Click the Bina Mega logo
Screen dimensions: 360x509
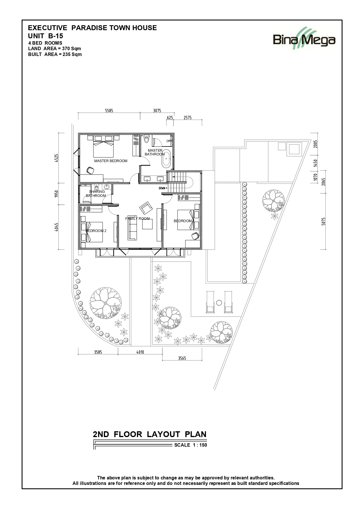pyautogui.click(x=304, y=38)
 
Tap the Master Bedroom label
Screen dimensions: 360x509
pyautogui.click(x=111, y=161)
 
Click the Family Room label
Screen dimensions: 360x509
pyautogui.click(x=138, y=219)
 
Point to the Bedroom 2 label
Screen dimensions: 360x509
pyautogui.click(x=96, y=231)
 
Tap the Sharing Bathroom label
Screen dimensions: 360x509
pyautogui.click(x=97, y=194)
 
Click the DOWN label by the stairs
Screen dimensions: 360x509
pyautogui.click(x=162, y=188)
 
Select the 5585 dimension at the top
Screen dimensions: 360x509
pyautogui.click(x=109, y=111)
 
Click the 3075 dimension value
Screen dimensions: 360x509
pyautogui.click(x=157, y=111)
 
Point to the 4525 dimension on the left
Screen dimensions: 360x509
pyautogui.click(x=57, y=158)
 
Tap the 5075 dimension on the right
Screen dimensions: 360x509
pyautogui.click(x=323, y=222)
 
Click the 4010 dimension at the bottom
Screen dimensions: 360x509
pyautogui.click(x=140, y=352)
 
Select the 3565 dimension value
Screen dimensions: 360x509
pyautogui.click(x=182, y=358)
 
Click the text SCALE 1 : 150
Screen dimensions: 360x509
pyautogui.click(x=191, y=445)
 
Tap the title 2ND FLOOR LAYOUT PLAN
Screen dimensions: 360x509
pyautogui.click(x=150, y=434)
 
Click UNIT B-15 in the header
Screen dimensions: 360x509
pyautogui.click(x=46, y=36)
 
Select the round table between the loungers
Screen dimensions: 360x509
pyautogui.click(x=219, y=303)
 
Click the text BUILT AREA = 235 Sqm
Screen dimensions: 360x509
pyautogui.click(x=55, y=54)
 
